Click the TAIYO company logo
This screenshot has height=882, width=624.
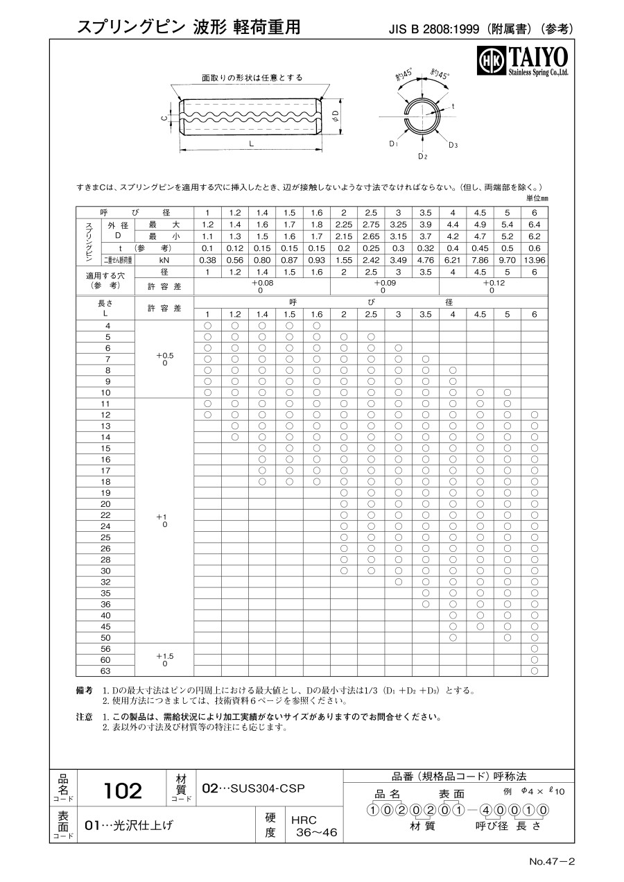[523, 61]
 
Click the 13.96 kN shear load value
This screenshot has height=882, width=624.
[534, 259]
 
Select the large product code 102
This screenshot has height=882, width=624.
[122, 790]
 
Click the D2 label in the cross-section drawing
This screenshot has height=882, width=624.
[422, 157]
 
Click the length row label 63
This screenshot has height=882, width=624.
[105, 671]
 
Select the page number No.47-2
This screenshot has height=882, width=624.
[552, 862]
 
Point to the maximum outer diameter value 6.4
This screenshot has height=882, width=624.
[534, 225]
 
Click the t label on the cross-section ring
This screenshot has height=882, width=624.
[453, 106]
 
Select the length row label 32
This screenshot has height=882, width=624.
[105, 582]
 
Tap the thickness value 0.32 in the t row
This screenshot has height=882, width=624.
[425, 248]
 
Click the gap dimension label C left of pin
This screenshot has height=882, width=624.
[164, 118]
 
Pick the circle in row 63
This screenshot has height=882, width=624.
[534, 671]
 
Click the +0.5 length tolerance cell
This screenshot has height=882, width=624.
[164, 358]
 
